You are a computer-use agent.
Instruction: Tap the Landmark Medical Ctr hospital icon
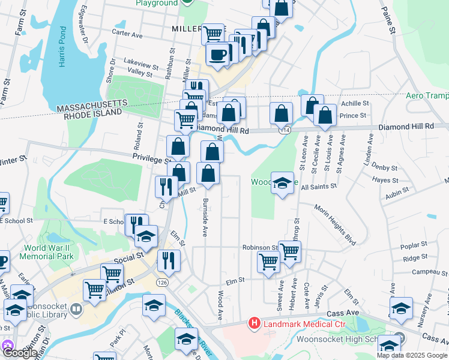pos(255,324)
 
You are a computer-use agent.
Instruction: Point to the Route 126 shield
pos(163,281)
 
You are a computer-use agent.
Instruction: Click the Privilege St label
pos(151,158)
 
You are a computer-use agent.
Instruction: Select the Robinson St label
pos(259,247)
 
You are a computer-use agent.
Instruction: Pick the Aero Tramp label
pos(427,95)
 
